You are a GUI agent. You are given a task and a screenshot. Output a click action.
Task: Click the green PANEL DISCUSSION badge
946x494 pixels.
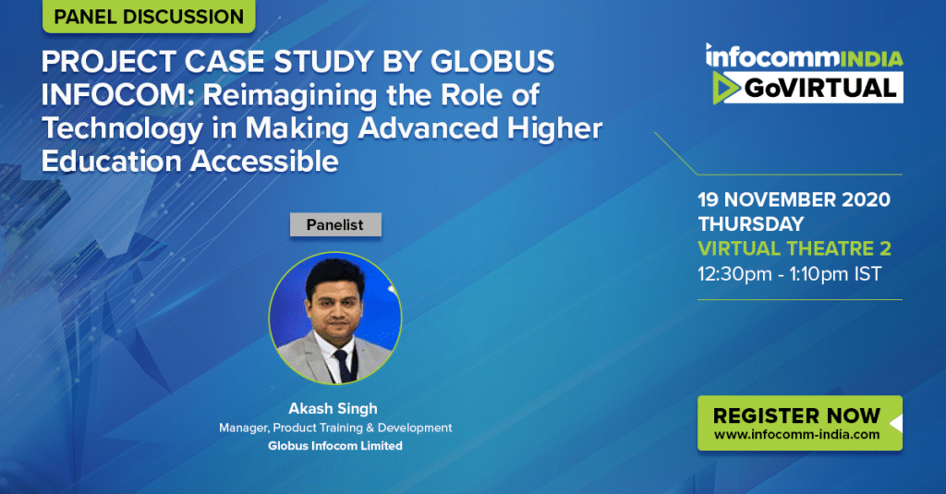[149, 16]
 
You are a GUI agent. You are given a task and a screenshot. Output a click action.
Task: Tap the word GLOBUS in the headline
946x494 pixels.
[492, 62]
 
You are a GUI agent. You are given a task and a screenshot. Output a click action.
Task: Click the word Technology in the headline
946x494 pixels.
[123, 129]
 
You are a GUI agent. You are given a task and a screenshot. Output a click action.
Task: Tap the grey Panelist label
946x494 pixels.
[335, 224]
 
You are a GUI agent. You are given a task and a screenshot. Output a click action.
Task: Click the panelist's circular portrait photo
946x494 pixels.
[334, 318]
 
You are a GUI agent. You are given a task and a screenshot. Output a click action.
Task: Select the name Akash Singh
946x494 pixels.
[333, 408]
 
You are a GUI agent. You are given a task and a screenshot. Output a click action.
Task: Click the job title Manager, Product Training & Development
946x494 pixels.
[335, 428]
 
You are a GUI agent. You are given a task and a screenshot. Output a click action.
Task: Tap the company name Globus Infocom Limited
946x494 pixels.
[335, 446]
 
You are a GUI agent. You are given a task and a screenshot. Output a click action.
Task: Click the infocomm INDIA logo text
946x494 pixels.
[805, 56]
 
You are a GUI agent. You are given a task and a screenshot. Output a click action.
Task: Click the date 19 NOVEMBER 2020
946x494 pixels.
[794, 199]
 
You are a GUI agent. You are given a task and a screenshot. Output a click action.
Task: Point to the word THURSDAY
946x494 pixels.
[751, 224]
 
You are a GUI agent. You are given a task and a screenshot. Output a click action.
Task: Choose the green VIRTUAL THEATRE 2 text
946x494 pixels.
[794, 248]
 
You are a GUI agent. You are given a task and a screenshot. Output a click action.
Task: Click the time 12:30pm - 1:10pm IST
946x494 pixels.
[790, 274]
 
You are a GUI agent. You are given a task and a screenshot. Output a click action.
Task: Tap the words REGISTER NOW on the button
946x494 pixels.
[796, 416]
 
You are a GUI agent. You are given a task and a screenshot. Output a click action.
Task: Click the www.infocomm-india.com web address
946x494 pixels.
[797, 434]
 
